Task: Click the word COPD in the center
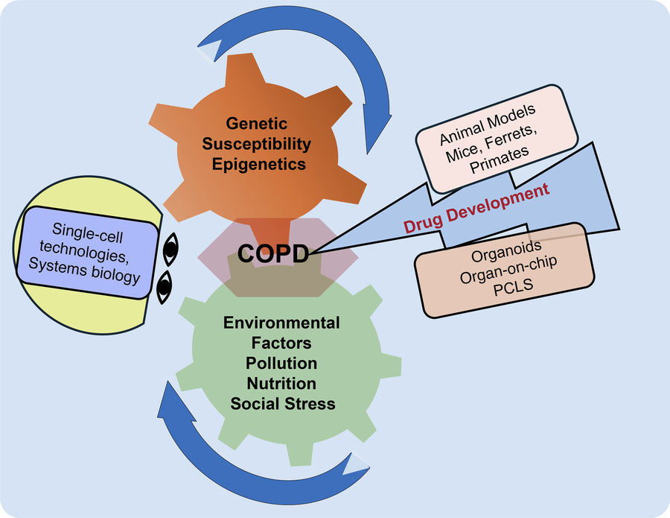click(x=273, y=254)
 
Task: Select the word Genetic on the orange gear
click(x=258, y=124)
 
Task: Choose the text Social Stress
click(x=283, y=404)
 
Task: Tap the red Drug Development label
click(x=476, y=210)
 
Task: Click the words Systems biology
click(x=95, y=277)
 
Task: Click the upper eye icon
click(x=170, y=251)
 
